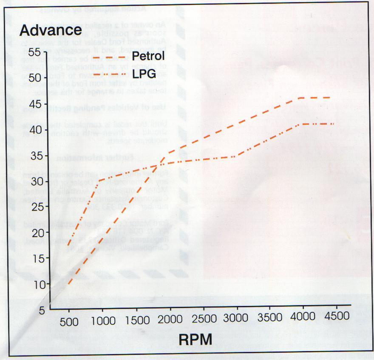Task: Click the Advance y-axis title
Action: pyautogui.click(x=51, y=30)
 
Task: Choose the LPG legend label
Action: pyautogui.click(x=144, y=74)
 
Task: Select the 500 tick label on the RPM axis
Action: pyautogui.click(x=69, y=321)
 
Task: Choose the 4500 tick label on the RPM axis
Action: pyautogui.click(x=337, y=316)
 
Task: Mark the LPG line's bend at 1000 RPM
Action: pyautogui.click(x=99, y=180)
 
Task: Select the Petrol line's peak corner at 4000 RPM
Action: pyautogui.click(x=300, y=98)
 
